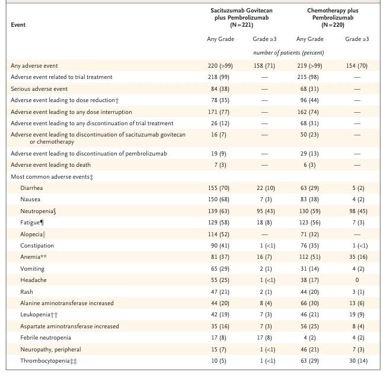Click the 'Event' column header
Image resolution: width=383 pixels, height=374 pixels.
(x=18, y=25)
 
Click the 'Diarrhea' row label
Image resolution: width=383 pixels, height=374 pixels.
(x=31, y=188)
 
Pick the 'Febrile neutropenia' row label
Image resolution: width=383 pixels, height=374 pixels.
(x=46, y=338)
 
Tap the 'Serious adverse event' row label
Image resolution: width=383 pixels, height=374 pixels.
(x=39, y=88)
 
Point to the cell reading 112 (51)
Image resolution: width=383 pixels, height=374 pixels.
(x=309, y=257)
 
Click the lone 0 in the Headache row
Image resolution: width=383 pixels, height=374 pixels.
(x=356, y=280)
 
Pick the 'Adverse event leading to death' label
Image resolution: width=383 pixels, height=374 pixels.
(x=50, y=164)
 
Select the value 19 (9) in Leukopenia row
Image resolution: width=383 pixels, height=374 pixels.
(x=356, y=315)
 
